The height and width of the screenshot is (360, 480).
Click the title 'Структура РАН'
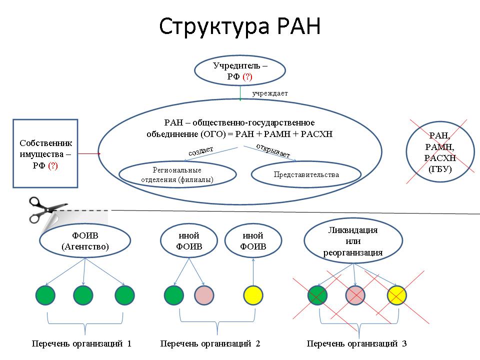(x=239, y=26)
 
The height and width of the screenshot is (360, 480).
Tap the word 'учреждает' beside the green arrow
(x=270, y=93)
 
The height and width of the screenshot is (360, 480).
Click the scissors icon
(x=47, y=209)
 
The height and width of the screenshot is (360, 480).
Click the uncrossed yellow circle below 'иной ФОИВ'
(x=253, y=295)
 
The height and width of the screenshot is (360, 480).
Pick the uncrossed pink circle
(x=204, y=295)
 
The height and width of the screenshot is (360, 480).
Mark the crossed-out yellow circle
(x=397, y=295)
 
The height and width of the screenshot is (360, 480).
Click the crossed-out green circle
(x=317, y=295)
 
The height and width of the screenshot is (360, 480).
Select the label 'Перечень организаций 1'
(x=81, y=344)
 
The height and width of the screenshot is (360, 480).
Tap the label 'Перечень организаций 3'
(x=356, y=344)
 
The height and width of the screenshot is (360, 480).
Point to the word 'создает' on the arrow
(x=201, y=151)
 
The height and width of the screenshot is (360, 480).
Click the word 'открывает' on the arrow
(x=273, y=150)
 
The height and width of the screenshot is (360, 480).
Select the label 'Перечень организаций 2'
(x=210, y=344)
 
